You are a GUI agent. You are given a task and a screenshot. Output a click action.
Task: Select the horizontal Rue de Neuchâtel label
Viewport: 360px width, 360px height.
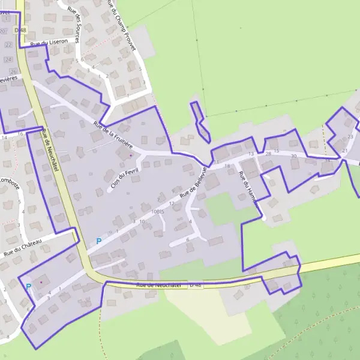point(158,286)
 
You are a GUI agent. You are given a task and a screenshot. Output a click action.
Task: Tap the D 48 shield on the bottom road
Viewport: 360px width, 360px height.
point(195,285)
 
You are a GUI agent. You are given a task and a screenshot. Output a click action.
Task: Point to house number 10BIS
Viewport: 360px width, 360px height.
point(158,212)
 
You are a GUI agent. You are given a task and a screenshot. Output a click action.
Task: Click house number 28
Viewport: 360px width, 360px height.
point(268,154)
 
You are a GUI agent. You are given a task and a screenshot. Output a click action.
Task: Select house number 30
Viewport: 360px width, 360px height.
point(293,156)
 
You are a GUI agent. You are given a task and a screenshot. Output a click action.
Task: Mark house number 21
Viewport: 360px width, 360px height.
point(344,150)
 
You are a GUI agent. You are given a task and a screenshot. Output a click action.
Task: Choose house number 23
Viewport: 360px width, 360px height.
point(350,137)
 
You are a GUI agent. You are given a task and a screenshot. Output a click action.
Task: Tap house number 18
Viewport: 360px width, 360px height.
point(227,166)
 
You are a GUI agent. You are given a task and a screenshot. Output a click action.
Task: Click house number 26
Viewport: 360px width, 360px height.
point(13,72)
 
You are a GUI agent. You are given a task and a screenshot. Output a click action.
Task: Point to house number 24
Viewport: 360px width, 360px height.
point(8,59)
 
